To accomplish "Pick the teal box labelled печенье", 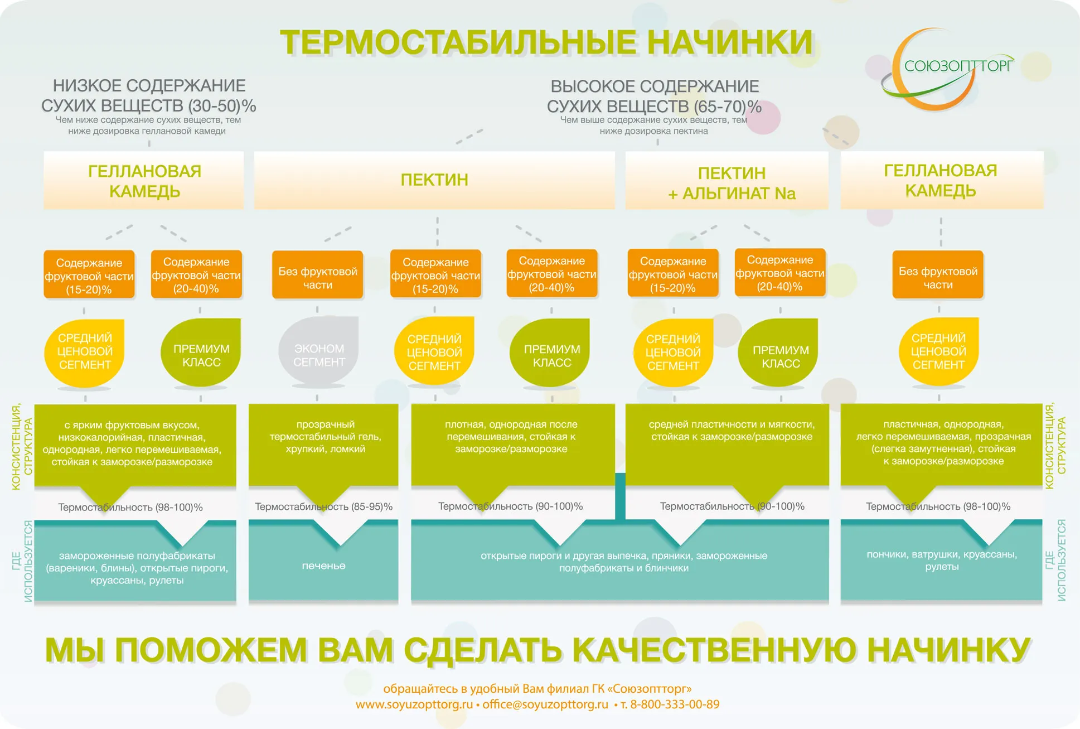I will [323, 566].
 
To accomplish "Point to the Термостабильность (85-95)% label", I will [323, 506].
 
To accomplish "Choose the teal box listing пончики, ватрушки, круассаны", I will [941, 561].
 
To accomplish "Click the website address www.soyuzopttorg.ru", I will [414, 704].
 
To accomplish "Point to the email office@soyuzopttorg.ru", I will [545, 704].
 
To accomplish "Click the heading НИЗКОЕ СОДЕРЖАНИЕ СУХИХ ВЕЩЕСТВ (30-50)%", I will [148, 95].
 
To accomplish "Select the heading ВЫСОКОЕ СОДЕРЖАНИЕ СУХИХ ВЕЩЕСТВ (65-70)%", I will [654, 96].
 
